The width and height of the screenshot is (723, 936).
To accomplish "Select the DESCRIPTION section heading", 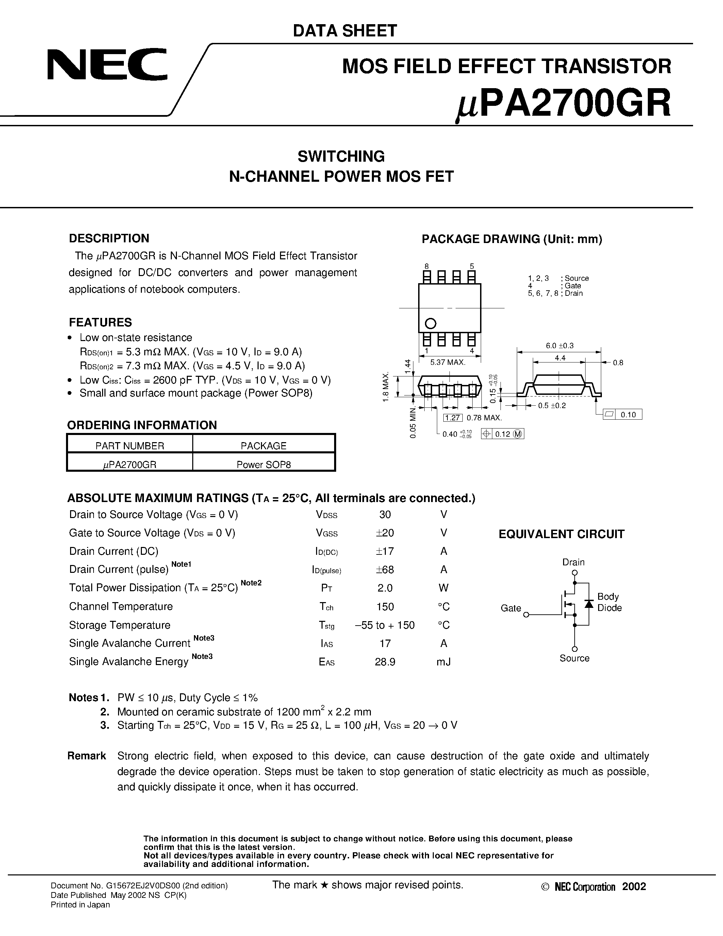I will [x=109, y=238].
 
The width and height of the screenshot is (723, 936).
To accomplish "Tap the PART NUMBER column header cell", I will [x=129, y=446].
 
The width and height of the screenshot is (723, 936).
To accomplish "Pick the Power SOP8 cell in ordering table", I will [x=263, y=465].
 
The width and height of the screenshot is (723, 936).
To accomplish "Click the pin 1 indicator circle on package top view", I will [x=430, y=323].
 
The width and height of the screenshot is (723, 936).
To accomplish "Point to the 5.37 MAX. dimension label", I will [x=448, y=362].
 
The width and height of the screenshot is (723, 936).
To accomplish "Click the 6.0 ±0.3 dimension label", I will [x=559, y=345].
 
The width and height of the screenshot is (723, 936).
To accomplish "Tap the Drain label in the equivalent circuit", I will [x=573, y=562].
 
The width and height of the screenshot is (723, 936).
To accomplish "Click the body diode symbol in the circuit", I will [x=589, y=604].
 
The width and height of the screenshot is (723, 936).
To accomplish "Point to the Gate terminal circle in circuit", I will [x=526, y=615].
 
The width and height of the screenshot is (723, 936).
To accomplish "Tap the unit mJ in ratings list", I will [x=443, y=662].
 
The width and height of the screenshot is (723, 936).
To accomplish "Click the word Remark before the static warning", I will [x=86, y=756].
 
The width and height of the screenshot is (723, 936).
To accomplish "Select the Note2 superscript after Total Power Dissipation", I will [x=251, y=583].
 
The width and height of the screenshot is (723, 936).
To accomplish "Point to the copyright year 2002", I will [x=634, y=887].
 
